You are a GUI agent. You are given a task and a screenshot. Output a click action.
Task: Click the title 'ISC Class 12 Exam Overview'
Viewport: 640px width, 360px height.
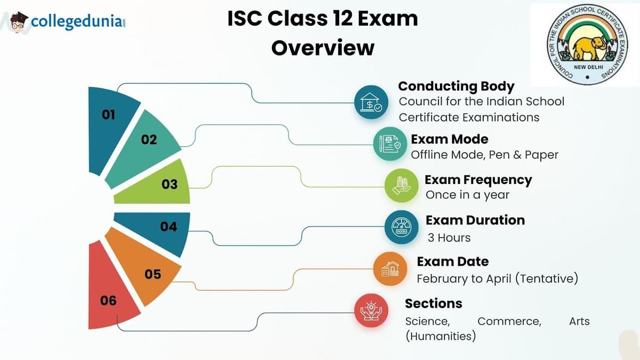pyautogui.click(x=323, y=33)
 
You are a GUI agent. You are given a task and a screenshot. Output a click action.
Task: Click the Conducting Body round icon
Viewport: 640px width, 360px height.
pyautogui.click(x=371, y=102)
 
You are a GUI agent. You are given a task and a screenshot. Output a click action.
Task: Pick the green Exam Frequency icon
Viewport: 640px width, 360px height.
pyautogui.click(x=402, y=185)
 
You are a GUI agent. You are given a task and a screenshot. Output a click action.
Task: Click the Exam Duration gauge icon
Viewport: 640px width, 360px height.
pyautogui.click(x=402, y=227)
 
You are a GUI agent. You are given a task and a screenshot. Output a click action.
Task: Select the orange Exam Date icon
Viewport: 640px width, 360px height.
pyautogui.click(x=390, y=269)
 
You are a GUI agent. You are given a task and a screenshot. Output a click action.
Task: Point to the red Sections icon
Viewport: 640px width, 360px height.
pyautogui.click(x=371, y=310)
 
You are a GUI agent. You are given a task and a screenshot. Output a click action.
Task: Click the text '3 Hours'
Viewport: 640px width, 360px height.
pyautogui.click(x=449, y=238)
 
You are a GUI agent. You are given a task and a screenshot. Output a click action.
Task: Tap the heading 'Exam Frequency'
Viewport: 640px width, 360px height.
pyautogui.click(x=478, y=180)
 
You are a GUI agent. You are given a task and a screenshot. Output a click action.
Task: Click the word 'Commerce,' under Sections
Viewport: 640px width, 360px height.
pyautogui.click(x=509, y=321)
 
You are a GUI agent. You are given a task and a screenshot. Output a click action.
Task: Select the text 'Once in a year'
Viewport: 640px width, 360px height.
pyautogui.click(x=467, y=195)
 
